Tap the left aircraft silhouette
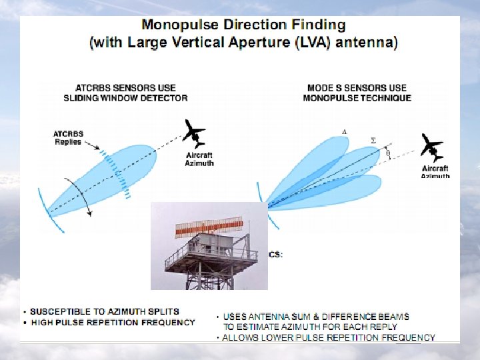point(195,133)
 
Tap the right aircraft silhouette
point(431,147)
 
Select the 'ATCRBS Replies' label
point(67,138)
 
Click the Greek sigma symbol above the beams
point(373,140)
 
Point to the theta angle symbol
point(389,154)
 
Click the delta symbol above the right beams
point(344,132)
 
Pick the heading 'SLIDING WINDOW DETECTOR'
point(126,97)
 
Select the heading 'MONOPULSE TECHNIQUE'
point(357,97)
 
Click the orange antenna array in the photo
point(208,229)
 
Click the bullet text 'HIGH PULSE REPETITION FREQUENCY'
point(113,322)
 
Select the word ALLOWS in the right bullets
point(239,337)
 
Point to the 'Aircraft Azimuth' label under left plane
point(199,159)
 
